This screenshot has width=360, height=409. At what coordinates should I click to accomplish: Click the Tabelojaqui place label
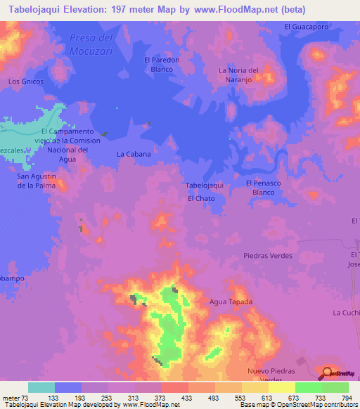204,185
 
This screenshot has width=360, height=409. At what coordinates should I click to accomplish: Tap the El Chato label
201,199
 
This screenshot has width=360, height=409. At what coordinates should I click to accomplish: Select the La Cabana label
134,153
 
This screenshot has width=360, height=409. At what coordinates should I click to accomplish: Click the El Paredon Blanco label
162,65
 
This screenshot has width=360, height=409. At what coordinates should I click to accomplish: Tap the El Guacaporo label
307,27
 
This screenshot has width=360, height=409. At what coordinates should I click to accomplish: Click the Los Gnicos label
26,82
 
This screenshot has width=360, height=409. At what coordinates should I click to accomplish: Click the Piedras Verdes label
267,256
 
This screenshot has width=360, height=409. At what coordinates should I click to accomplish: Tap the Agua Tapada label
231,301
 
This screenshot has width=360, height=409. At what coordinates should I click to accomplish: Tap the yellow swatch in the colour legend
282,387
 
